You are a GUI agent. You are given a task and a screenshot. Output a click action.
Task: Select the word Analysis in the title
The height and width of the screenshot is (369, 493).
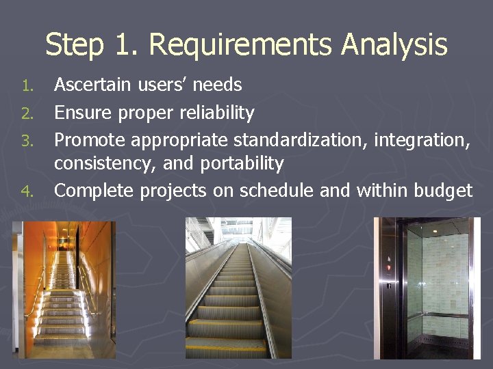coord(394,46)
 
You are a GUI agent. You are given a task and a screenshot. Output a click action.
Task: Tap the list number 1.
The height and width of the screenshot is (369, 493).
coord(27,85)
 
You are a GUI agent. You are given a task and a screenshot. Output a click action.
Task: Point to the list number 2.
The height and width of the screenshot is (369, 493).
coord(27,113)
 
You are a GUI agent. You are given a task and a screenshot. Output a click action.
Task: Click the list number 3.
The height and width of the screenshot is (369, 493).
coord(27,141)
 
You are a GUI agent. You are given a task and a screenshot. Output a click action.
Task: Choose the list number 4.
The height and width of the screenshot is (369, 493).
coord(27,191)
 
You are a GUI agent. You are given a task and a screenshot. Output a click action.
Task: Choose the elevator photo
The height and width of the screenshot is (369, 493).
coord(427,288)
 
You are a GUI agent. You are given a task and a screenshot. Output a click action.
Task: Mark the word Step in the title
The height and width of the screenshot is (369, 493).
coord(74,46)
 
